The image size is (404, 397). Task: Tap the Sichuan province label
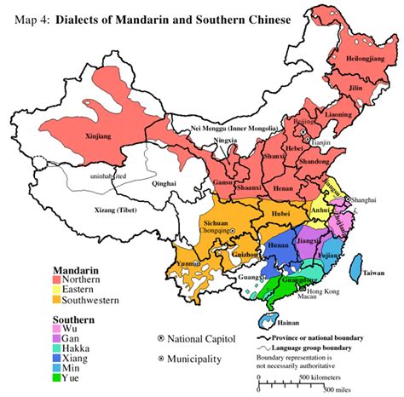point(218,220)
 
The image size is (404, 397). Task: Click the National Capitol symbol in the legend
point(162,338)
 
